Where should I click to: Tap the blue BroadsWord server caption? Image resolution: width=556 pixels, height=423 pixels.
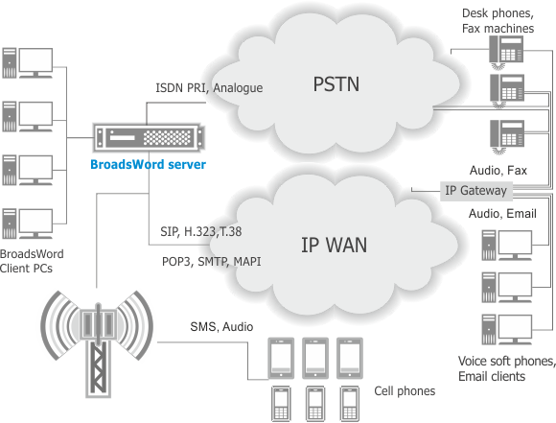[148, 164]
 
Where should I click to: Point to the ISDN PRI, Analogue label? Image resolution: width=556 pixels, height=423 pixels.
[209, 88]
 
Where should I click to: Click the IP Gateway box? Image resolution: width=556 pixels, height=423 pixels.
[470, 190]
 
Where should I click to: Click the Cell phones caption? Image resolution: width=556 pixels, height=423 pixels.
[404, 391]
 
